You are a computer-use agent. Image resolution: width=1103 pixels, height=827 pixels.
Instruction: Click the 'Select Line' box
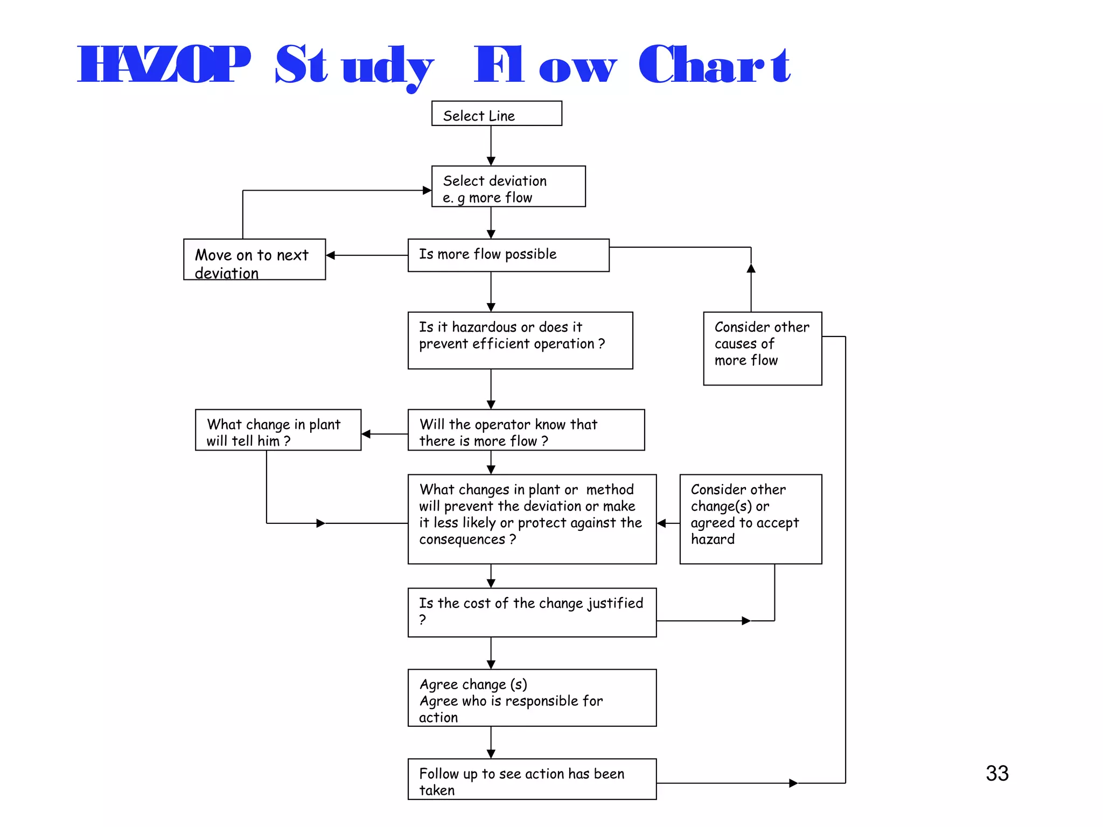497,114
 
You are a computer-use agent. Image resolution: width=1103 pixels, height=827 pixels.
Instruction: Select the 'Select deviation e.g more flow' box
508,186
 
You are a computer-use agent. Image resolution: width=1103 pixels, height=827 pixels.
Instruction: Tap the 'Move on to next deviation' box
254,260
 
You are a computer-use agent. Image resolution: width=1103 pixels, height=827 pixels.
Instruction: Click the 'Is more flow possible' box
508,255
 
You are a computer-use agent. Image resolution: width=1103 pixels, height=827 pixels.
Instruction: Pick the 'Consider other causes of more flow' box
762,348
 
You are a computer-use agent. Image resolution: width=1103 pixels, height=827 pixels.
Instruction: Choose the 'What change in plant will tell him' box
278,430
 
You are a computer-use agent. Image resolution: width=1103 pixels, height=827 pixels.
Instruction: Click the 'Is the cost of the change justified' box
532,612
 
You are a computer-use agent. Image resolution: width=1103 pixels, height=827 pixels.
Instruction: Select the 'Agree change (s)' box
532,698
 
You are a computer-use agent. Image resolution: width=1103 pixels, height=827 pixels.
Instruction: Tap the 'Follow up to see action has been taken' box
532,779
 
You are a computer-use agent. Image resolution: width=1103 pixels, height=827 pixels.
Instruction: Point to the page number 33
997,773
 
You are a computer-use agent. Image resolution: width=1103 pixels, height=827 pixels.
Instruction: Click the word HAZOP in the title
164,65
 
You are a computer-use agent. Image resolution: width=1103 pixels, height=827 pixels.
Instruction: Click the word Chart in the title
714,65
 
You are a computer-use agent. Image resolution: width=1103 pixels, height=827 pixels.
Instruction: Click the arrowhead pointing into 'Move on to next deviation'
331,255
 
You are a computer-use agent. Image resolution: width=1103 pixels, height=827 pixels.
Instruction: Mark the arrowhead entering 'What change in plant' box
366,434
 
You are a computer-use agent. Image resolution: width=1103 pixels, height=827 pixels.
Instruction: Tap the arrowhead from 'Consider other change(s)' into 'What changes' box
662,523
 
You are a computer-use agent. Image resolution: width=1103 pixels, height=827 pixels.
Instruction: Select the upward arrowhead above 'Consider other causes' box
751,268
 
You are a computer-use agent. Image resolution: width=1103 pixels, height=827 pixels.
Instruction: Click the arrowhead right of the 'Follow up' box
793,783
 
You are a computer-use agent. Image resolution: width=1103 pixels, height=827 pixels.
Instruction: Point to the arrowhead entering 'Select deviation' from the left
427,190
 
